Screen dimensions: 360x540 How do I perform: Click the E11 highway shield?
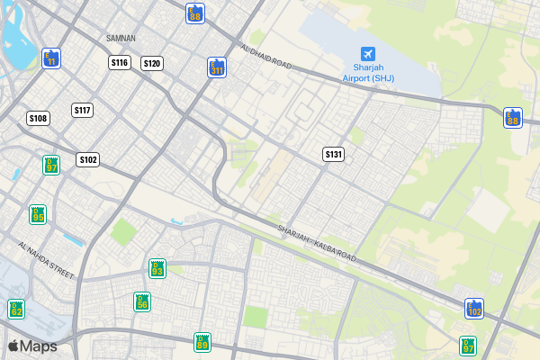point(51,58)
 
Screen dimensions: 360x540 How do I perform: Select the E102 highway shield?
point(474,309)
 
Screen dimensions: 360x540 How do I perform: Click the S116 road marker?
point(120,62)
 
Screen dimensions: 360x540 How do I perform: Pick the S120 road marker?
point(152,63)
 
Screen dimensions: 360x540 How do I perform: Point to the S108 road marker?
point(38,118)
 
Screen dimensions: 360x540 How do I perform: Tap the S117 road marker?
point(83,110)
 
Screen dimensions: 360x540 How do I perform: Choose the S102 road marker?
point(87,159)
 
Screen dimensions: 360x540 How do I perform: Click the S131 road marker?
point(334,154)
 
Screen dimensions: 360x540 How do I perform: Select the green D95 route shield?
point(38,214)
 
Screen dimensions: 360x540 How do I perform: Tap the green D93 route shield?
point(157,268)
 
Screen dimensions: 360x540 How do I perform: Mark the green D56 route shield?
point(142,301)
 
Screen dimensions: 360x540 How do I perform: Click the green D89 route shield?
point(202,342)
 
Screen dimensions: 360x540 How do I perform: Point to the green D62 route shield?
point(16,309)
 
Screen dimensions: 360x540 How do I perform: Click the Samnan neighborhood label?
point(121,38)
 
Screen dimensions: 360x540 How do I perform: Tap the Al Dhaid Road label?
point(267,56)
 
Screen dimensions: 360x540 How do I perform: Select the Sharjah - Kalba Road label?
point(316,244)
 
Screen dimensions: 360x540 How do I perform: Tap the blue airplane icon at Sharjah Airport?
point(368,54)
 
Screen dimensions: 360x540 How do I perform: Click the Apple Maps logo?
point(32,346)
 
